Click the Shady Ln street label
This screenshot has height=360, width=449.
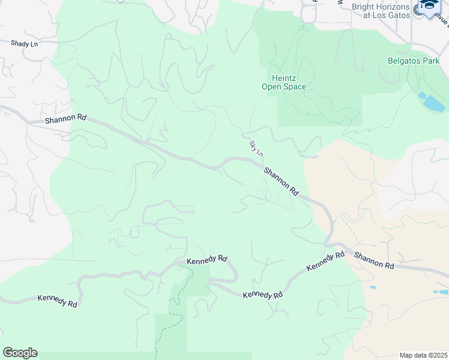[23, 43]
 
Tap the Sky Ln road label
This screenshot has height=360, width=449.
[256, 149]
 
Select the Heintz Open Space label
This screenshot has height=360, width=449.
[284, 82]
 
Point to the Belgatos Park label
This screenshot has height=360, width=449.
[413, 61]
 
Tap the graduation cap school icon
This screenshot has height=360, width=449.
[429, 6]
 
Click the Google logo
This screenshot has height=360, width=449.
[20, 353]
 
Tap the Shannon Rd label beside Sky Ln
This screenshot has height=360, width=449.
[281, 181]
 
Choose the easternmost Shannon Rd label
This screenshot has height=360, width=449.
[373, 260]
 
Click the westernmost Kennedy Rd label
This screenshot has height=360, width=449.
[57, 301]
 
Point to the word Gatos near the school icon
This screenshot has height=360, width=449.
[396, 15]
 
